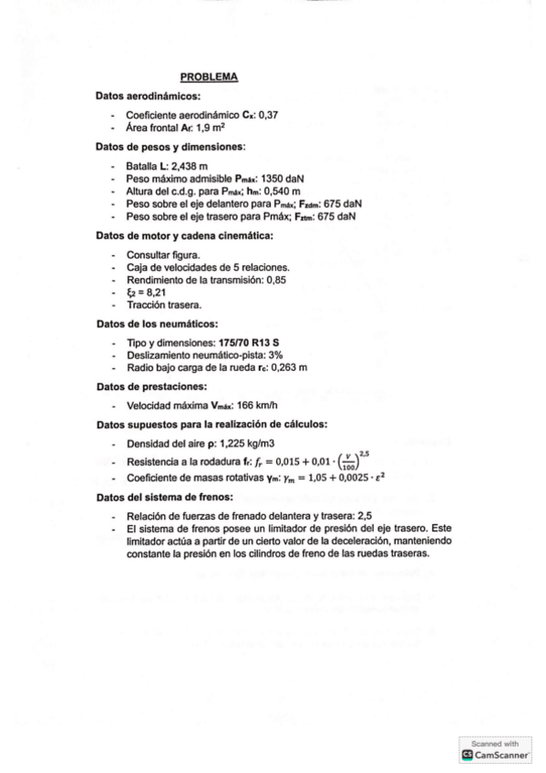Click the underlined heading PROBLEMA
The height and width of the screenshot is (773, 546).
tap(209, 77)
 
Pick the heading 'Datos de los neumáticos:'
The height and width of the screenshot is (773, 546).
tap(157, 325)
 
